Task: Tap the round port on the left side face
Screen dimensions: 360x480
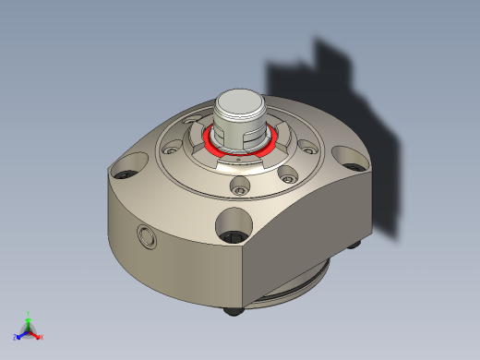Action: click(x=146, y=236)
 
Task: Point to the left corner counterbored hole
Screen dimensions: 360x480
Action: click(x=124, y=172)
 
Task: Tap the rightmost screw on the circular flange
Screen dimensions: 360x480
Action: click(x=306, y=145)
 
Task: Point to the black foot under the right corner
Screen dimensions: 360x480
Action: click(x=357, y=244)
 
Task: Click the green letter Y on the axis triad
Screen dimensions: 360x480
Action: click(x=29, y=314)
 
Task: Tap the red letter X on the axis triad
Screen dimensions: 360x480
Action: click(x=42, y=337)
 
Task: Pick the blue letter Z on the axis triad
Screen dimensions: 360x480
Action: click(x=16, y=338)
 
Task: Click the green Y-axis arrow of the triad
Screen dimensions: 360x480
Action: click(x=29, y=322)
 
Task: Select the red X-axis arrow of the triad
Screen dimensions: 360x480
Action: click(x=35, y=333)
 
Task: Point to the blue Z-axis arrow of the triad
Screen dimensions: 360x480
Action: click(x=22, y=334)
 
